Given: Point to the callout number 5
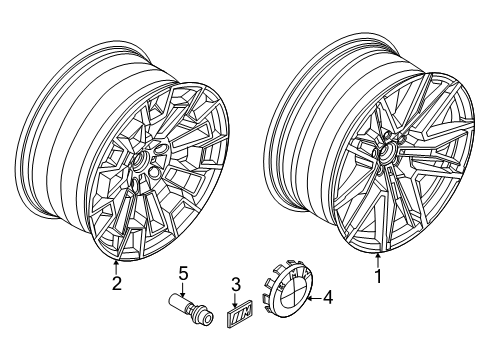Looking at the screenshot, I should [x=183, y=272].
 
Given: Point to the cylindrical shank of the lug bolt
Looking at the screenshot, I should [x=178, y=304].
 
